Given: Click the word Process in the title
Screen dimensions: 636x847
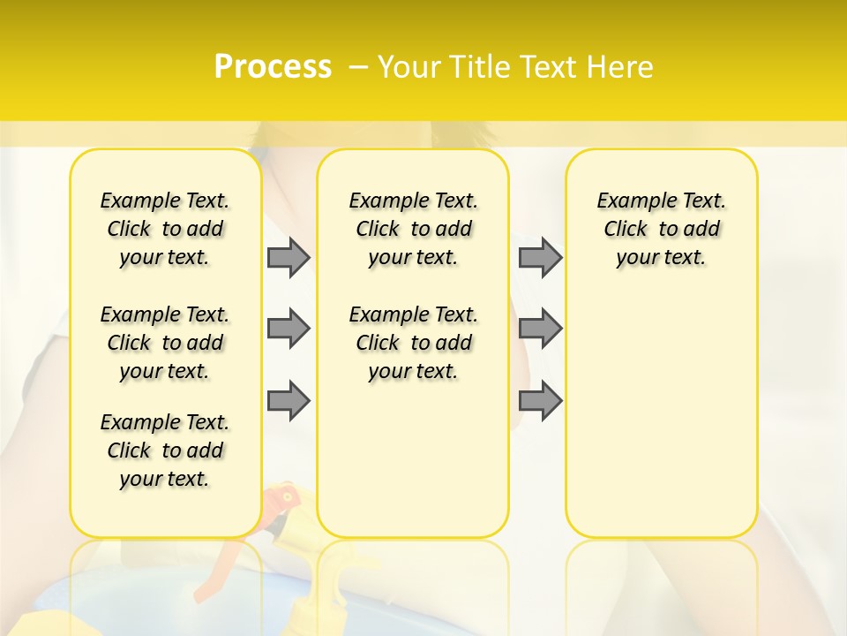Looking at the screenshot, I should (x=273, y=67).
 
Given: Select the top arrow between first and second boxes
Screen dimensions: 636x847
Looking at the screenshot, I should (x=289, y=257).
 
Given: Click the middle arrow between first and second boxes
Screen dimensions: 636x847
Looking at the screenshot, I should (x=289, y=329).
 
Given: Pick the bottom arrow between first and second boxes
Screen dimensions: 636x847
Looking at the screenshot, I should (x=289, y=400).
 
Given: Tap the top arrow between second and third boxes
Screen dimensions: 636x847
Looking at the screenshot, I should (x=540, y=257).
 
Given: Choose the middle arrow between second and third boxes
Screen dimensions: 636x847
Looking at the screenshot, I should (x=540, y=329).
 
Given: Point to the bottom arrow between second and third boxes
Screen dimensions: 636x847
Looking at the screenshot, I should (x=540, y=400).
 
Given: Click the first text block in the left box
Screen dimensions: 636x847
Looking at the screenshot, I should (x=165, y=229).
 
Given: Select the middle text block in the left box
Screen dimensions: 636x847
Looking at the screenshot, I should (x=165, y=343).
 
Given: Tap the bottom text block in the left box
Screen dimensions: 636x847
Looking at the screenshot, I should (x=165, y=450).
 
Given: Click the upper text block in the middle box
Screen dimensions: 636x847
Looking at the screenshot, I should (x=413, y=229).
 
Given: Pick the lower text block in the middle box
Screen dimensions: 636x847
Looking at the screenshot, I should (x=413, y=343).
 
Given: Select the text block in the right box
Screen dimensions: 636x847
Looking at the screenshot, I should (x=661, y=229).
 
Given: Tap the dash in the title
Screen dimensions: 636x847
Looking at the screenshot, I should (x=358, y=67).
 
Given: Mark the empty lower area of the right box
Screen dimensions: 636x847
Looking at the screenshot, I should (x=661, y=415).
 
